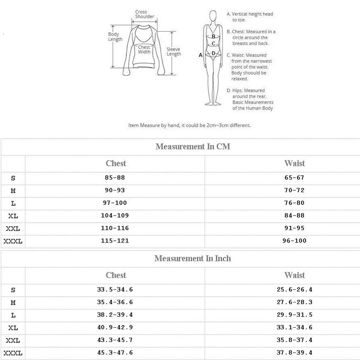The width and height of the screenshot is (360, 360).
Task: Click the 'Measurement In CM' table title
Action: pyautogui.click(x=193, y=147)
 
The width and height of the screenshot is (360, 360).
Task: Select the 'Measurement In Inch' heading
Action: pyautogui.click(x=193, y=259)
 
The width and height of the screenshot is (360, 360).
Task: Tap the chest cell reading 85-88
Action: pyautogui.click(x=116, y=178)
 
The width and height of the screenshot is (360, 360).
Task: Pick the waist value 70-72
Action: pyautogui.click(x=295, y=191)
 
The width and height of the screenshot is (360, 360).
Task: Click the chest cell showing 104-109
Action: pyautogui.click(x=116, y=216)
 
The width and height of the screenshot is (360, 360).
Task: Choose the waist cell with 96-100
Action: pyautogui.click(x=295, y=241)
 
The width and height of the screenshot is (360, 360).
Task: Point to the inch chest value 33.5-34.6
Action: pyautogui.click(x=116, y=290)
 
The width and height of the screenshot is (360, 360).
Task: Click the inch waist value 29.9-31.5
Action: pyautogui.click(x=295, y=315)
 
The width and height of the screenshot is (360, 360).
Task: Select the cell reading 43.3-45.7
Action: pyautogui.click(x=116, y=340)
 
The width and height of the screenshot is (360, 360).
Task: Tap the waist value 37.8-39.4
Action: pyautogui.click(x=295, y=353)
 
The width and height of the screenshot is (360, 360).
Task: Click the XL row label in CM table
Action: pyautogui.click(x=13, y=216)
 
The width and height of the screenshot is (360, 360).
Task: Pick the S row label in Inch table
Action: pyautogui.click(x=13, y=290)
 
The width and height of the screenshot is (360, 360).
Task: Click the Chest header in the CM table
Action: pyautogui.click(x=116, y=163)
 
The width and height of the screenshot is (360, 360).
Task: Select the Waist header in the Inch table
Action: pyautogui.click(x=295, y=275)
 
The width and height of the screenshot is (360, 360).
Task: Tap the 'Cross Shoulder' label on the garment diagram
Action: pyautogui.click(x=144, y=14)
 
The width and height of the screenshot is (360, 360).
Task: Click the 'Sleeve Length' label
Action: pyautogui.click(x=174, y=51)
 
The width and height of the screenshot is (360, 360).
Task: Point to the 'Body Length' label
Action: pyautogui.click(x=115, y=36)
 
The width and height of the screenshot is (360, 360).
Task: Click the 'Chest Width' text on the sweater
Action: pyautogui.click(x=144, y=49)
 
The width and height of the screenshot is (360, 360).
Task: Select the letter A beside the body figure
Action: pyautogui.click(x=201, y=55)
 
